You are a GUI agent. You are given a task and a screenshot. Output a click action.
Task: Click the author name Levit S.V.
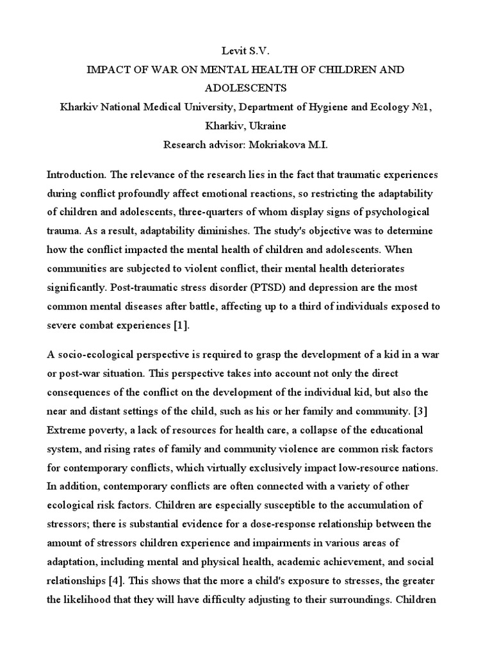(x=245, y=49)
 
